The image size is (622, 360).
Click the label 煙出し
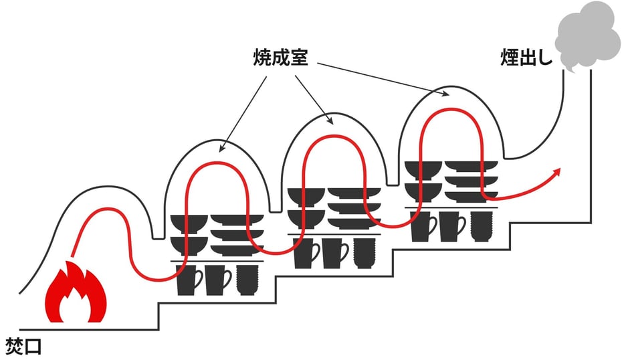(x=526, y=58)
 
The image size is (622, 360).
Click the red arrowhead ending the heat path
(x=556, y=173)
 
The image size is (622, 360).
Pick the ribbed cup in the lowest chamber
(x=247, y=279)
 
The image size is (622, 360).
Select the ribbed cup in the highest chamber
(x=481, y=225)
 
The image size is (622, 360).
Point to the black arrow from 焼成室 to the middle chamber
(x=313, y=98)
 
